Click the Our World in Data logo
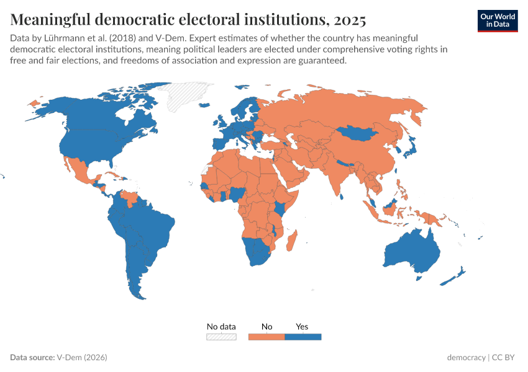pos(497,20)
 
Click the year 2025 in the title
pos(349,19)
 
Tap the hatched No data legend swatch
pos(221,337)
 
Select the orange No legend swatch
pos(266,337)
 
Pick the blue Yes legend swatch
pos(303,337)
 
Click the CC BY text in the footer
pos(505,358)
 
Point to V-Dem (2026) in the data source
pos(82,358)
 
